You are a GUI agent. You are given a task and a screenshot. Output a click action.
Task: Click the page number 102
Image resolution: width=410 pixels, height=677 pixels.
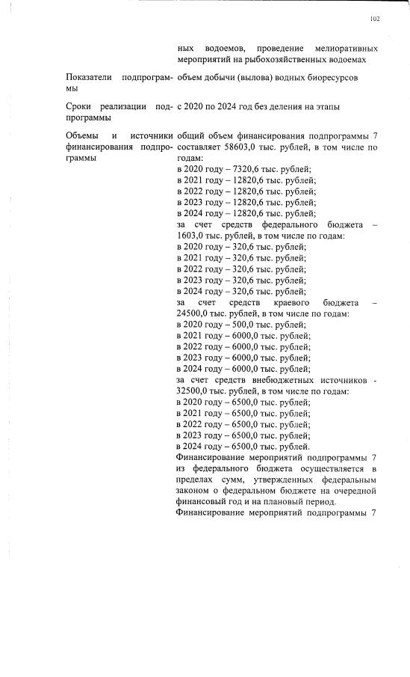(x=375, y=19)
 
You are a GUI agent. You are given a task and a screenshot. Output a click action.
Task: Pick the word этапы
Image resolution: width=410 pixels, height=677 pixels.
(x=329, y=107)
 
